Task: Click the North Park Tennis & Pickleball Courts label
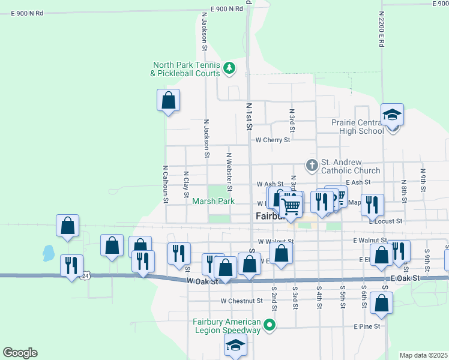pyautogui.click(x=186, y=70)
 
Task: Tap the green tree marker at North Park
pyautogui.click(x=229, y=69)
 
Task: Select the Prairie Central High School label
pyautogui.click(x=357, y=127)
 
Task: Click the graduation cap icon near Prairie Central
pyautogui.click(x=393, y=114)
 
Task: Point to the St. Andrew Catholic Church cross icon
pyautogui.click(x=312, y=164)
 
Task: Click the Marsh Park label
pyautogui.click(x=213, y=202)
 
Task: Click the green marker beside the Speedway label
pyautogui.click(x=270, y=325)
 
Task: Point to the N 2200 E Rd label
pyautogui.click(x=381, y=31)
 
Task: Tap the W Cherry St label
pyautogui.click(x=273, y=140)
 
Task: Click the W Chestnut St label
pyautogui.click(x=241, y=301)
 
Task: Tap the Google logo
pyautogui.click(x=20, y=353)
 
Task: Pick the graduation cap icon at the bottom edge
pyautogui.click(x=235, y=345)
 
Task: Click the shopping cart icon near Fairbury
pyautogui.click(x=292, y=206)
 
